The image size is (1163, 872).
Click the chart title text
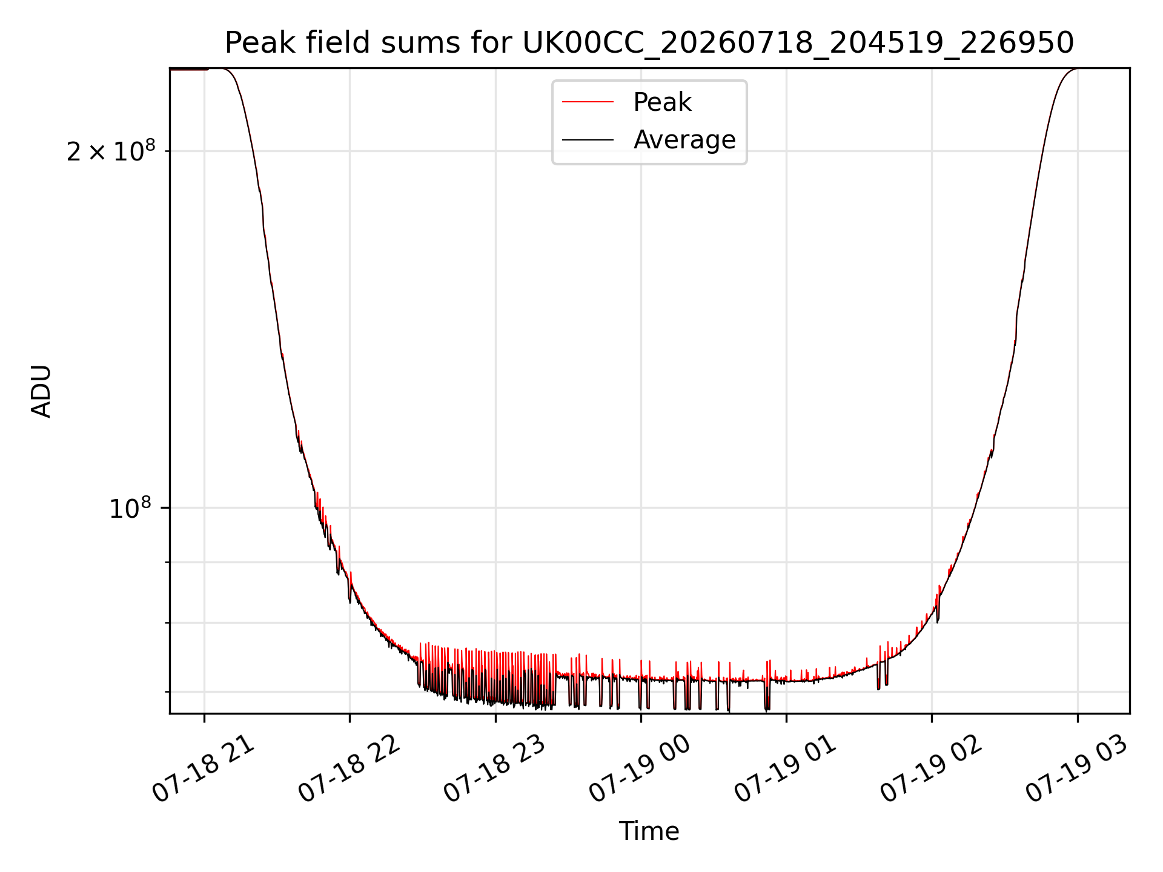pos(649,43)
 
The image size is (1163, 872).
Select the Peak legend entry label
pos(662,102)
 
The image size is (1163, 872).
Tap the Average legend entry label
pos(684,140)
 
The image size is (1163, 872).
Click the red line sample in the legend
pos(588,102)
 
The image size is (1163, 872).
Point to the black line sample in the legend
pos(588,140)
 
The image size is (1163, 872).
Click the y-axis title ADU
pos(41,391)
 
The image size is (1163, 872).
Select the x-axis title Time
pos(649,831)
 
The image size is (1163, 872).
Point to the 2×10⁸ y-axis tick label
pos(111,151)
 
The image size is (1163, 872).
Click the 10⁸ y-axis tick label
pos(130,508)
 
